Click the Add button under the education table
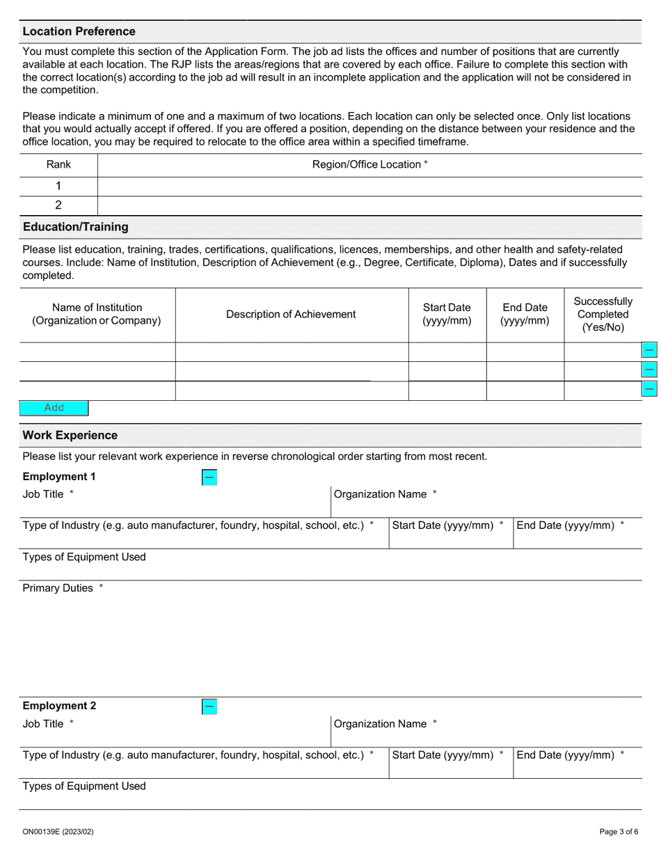pos(54,408)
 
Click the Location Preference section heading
pos(79,31)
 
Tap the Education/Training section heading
pos(75,227)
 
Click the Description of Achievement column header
pos(291,315)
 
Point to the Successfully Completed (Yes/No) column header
pos(603,315)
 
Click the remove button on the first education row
pos(649,350)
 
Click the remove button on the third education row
pos(649,388)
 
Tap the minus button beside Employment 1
pos(209,477)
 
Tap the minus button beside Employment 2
pos(209,707)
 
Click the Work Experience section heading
pos(70,436)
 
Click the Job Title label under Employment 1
pos(43,494)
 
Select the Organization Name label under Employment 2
pos(381,724)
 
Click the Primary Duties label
pos(58,588)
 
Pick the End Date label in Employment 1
pos(566,525)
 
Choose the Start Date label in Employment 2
pos(443,755)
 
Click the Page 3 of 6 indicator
pos(618,832)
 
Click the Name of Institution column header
pos(97,315)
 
